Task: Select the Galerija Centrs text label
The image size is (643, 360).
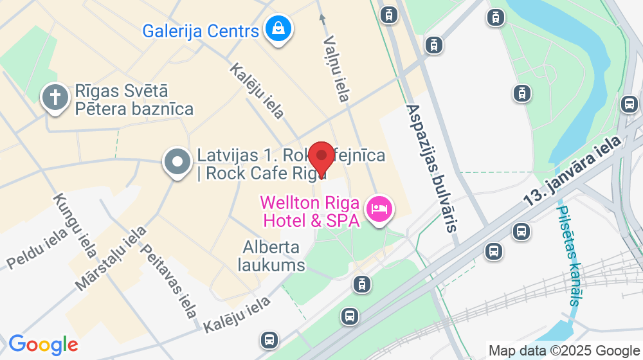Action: [x=201, y=30]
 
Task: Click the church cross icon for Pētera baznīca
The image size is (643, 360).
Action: [x=56, y=98]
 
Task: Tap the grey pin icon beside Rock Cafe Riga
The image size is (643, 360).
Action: [x=176, y=163]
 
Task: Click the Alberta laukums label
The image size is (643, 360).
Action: [x=271, y=255]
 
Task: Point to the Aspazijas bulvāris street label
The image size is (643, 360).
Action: [x=433, y=168]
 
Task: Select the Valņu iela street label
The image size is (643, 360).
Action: [x=336, y=68]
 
